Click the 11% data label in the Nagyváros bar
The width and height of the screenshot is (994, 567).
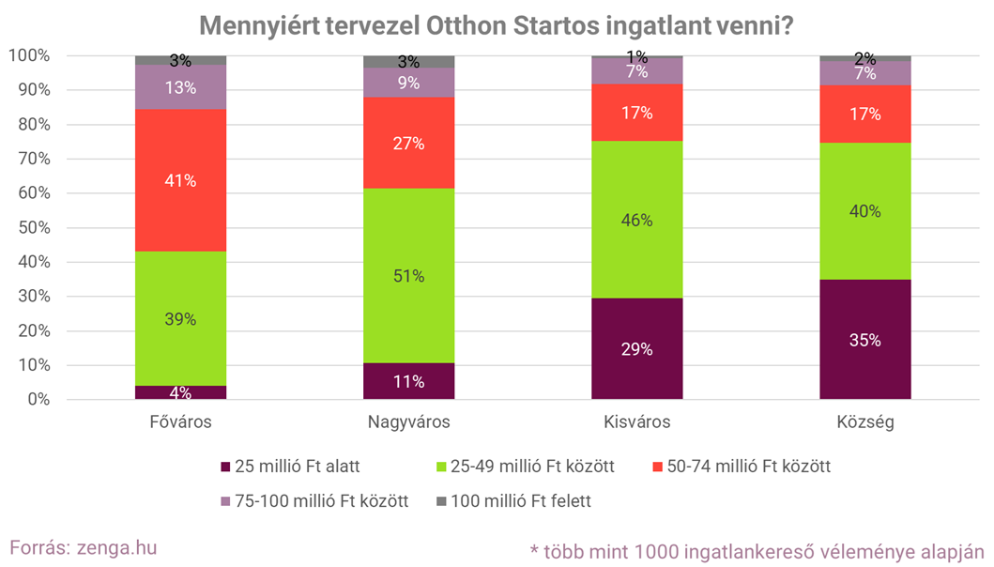pos(408,382)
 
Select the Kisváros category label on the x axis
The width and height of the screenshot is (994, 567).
pos(636,422)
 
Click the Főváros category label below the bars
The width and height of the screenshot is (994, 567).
pos(180,422)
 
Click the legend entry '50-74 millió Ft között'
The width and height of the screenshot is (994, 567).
pos(747,467)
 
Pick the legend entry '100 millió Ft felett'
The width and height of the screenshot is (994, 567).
pos(521,500)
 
